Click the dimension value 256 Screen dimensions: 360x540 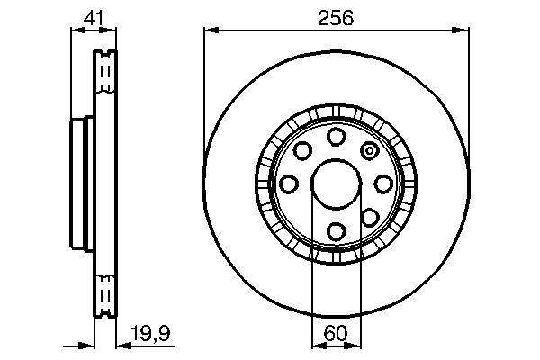[x=336, y=17]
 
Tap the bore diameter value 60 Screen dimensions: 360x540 [x=336, y=334]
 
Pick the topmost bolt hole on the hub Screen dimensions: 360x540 [x=336, y=136]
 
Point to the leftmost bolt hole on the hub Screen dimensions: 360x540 [x=288, y=184]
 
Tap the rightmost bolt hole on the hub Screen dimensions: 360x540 [x=383, y=184]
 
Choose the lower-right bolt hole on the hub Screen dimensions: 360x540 [x=370, y=217]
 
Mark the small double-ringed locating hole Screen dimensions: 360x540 [x=369, y=150]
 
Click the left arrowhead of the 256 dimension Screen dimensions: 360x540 [x=210, y=31]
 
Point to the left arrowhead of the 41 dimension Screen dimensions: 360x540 [x=76, y=31]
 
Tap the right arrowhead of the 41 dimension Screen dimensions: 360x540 [x=111, y=31]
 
